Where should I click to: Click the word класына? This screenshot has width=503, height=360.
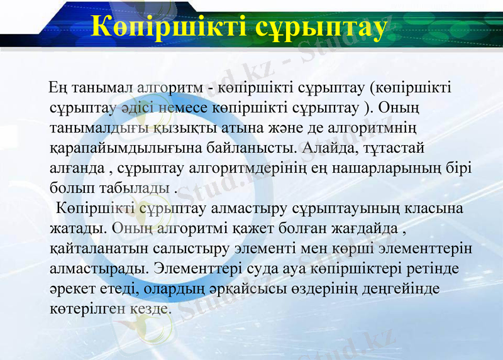pos(437,207)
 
